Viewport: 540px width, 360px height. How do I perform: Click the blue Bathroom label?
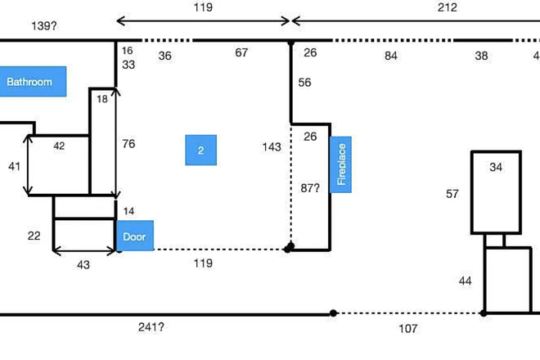click(30, 82)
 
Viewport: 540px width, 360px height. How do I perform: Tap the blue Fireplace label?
click(341, 166)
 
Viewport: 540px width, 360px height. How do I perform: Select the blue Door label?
click(134, 236)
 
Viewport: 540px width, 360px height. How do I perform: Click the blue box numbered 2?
click(200, 151)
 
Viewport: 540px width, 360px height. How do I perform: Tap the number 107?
click(407, 328)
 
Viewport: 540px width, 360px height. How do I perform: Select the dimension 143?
click(272, 147)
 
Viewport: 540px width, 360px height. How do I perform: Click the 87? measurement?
click(310, 187)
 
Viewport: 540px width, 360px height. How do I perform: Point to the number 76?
click(128, 144)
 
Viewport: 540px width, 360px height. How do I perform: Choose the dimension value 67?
click(241, 53)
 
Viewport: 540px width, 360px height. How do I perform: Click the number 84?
click(391, 56)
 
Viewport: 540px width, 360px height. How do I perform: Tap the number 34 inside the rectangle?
click(496, 168)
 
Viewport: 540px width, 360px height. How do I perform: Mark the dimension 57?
click(452, 194)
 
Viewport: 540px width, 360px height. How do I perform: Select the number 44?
click(465, 281)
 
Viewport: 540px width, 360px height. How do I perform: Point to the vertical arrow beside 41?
click(29, 166)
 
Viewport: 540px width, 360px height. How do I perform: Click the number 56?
click(304, 83)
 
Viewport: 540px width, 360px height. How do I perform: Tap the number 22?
click(34, 236)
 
